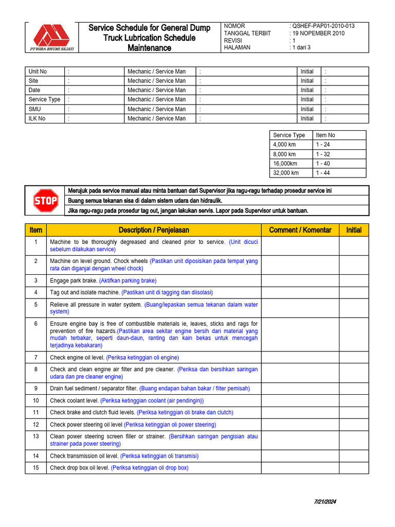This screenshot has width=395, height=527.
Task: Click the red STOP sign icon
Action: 46,201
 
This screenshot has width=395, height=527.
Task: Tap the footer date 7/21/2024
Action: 325,502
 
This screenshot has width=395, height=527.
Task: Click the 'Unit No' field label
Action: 38,72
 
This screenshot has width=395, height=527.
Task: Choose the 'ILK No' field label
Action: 37,118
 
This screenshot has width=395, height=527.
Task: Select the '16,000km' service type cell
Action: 285,163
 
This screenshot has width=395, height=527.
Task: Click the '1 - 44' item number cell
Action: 323,173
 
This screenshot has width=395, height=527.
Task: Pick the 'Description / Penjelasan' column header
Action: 154,230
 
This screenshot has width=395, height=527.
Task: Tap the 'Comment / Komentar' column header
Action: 300,230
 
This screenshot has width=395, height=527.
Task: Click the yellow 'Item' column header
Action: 35,230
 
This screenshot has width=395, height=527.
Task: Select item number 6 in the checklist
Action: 35,324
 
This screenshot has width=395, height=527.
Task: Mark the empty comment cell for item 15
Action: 300,468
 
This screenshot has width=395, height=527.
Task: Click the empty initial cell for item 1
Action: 354,245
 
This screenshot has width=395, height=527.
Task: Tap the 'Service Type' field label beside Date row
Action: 44,99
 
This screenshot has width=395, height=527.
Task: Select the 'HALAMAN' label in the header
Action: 237,48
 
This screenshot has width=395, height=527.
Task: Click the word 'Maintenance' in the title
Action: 149,48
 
